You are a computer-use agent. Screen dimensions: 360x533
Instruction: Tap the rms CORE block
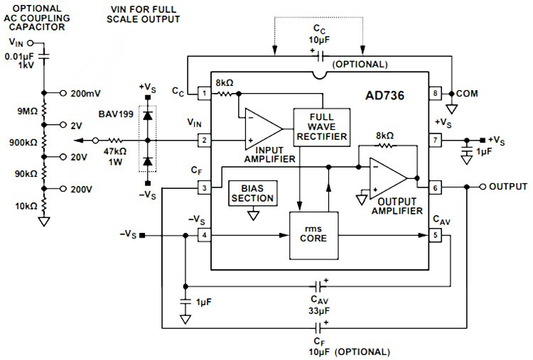313,234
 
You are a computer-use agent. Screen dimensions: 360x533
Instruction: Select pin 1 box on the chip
204,93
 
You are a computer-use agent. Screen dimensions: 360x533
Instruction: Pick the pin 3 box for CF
204,187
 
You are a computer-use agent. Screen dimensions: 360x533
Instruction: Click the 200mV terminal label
87,93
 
